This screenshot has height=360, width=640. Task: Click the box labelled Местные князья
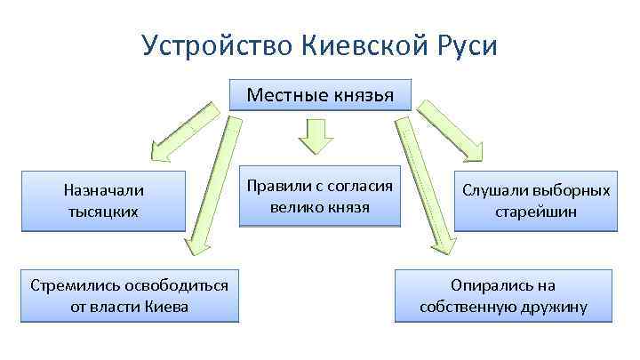pyautogui.click(x=319, y=95)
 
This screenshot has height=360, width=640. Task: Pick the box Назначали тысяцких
pyautogui.click(x=103, y=200)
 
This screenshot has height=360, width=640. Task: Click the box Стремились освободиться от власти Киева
pyautogui.click(x=130, y=296)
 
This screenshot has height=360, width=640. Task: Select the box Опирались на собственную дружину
pyautogui.click(x=503, y=296)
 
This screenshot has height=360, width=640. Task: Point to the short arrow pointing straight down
pyautogui.click(x=315, y=136)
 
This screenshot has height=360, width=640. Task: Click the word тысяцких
pyautogui.click(x=103, y=212)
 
